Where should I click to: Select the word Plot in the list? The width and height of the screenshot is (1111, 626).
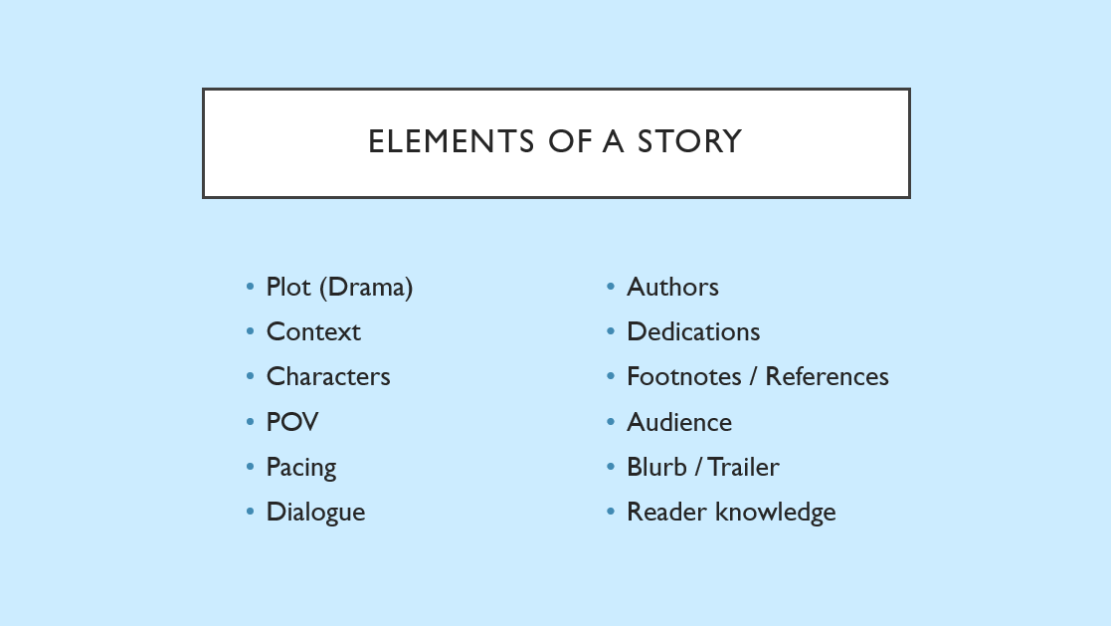288,287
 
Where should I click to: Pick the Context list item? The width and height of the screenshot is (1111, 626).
313,331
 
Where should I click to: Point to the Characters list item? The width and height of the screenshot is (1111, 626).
328,376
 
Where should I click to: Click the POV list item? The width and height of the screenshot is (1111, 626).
292,422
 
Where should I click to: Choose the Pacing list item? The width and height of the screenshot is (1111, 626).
301,468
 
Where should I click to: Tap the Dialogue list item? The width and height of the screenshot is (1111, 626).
315,513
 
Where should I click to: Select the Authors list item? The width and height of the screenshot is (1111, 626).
672,287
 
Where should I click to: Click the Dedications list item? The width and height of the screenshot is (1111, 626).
693,331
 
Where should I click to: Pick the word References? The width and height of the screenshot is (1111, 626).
827,376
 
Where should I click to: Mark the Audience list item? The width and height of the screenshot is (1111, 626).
679,422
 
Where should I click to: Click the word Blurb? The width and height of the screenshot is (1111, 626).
656,467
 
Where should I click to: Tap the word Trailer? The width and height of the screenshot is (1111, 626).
743,467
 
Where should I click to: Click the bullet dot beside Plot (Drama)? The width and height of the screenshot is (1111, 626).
250,287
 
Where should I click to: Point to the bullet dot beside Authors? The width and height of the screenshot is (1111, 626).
611,287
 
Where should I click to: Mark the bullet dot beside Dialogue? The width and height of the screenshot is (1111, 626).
250,512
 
